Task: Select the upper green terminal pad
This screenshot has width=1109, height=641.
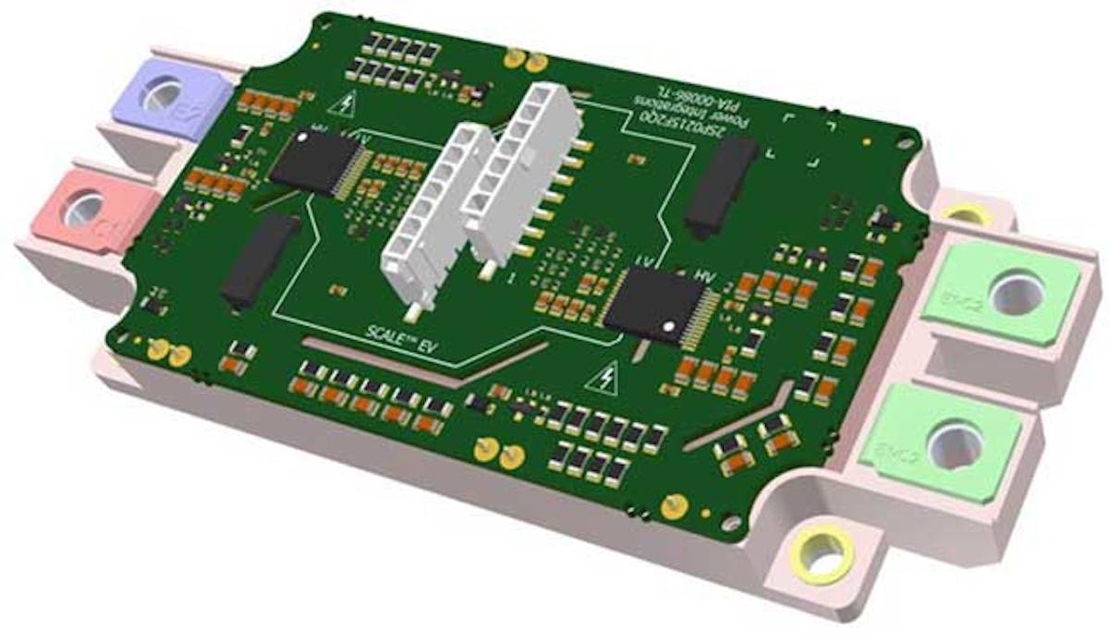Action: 1003,291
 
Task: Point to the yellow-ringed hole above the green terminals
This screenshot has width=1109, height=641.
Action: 963,215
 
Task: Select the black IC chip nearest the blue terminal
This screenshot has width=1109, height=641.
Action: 314,163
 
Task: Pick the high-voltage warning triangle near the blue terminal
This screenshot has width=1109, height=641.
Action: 347,104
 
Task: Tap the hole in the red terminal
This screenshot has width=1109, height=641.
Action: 84,209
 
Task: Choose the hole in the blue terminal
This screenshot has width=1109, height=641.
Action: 165,94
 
